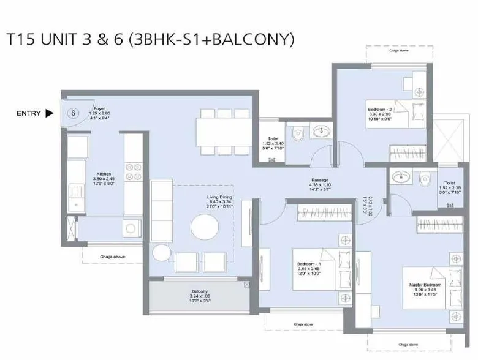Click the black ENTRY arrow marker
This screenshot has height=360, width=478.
50,113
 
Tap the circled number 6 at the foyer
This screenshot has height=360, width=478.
73,113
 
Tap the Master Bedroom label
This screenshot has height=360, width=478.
423,285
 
